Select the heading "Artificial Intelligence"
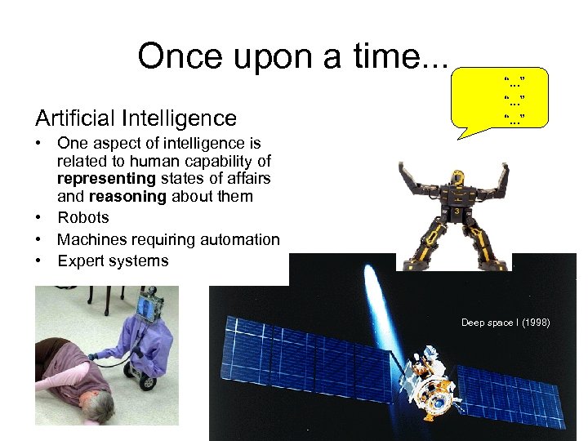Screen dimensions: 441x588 tap(136, 118)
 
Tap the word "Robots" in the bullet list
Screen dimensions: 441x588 tap(82, 218)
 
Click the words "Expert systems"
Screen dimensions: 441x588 tap(113, 261)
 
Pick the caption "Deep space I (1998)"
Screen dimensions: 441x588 tap(506, 323)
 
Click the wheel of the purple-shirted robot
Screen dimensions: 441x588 tap(148, 380)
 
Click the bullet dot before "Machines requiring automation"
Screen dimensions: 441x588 tap(39, 240)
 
